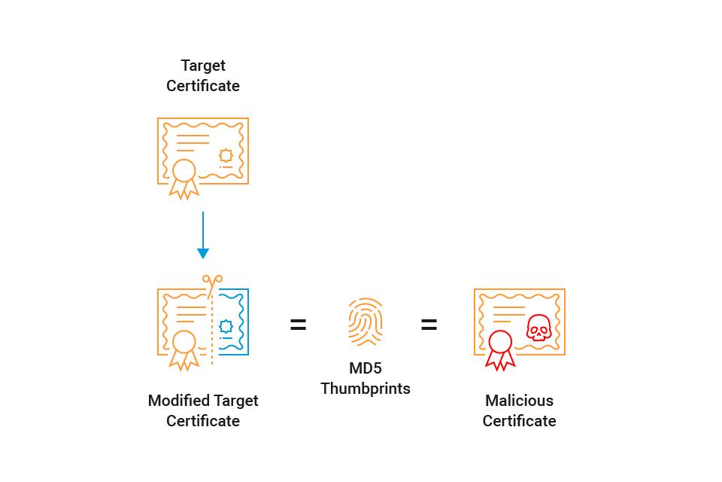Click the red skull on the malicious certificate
click(x=538, y=328)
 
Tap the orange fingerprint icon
click(x=366, y=322)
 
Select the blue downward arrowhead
click(x=203, y=253)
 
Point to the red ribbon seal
click(x=501, y=350)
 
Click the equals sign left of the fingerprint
click(x=299, y=325)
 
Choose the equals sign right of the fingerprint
click(x=429, y=325)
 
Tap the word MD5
click(x=366, y=368)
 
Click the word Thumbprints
click(x=366, y=389)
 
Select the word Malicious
click(x=520, y=401)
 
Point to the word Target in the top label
click(x=203, y=66)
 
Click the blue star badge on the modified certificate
click(x=226, y=326)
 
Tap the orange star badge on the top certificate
click(x=226, y=155)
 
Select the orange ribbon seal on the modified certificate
click(x=184, y=350)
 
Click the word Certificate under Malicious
click(x=520, y=421)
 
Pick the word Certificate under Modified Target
click(x=203, y=421)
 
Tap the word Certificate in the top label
click(x=203, y=86)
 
